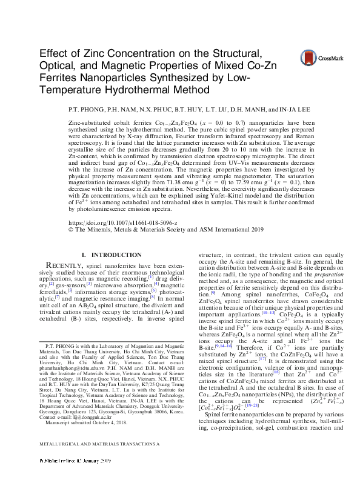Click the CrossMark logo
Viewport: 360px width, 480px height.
pos(318,57)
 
